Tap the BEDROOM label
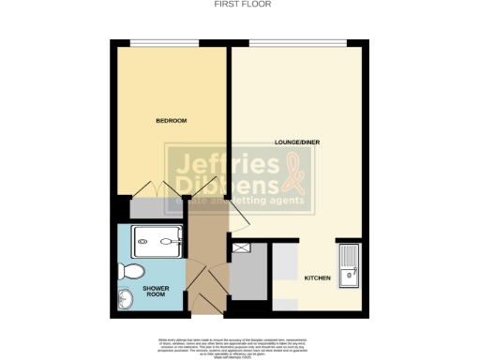(172, 121)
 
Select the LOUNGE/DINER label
(293, 142)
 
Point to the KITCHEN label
(316, 278)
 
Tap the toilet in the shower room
(131, 270)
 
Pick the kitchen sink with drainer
(349, 262)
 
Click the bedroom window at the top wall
(163, 42)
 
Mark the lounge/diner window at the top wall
(297, 42)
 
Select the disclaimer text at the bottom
(239, 345)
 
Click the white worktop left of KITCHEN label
(284, 272)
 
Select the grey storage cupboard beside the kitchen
(248, 280)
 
